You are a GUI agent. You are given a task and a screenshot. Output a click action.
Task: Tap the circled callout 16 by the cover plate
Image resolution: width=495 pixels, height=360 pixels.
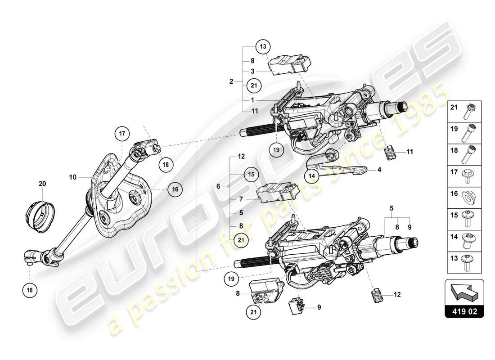(175, 190)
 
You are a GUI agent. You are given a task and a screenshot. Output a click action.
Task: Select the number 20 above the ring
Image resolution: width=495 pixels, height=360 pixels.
(42, 184)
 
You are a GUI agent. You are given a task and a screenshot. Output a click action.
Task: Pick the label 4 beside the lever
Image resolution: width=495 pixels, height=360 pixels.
(379, 170)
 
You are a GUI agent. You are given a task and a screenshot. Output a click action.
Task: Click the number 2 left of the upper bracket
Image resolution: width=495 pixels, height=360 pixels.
(231, 81)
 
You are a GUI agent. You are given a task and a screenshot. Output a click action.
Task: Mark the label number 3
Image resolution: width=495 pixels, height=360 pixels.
(253, 71)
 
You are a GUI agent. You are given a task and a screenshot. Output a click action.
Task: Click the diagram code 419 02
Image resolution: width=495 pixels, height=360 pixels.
(464, 310)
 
